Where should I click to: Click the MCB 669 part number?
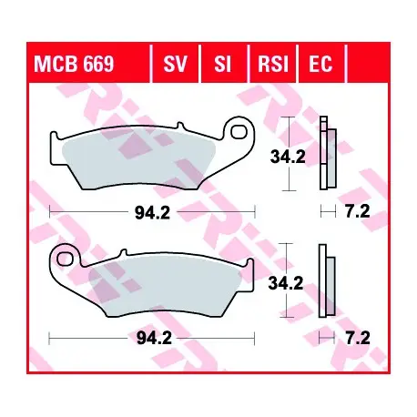tap(74, 64)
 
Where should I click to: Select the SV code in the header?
tap(176, 64)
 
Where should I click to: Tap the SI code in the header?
tap(222, 64)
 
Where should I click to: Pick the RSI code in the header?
tap(273, 64)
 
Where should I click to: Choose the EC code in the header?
tap(320, 64)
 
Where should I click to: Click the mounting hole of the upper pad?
tap(239, 132)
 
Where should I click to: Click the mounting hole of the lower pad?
tap(65, 259)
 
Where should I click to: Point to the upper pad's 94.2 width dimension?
tap(152, 213)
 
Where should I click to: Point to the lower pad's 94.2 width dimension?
tap(154, 338)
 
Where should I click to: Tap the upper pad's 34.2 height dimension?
tap(288, 157)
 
